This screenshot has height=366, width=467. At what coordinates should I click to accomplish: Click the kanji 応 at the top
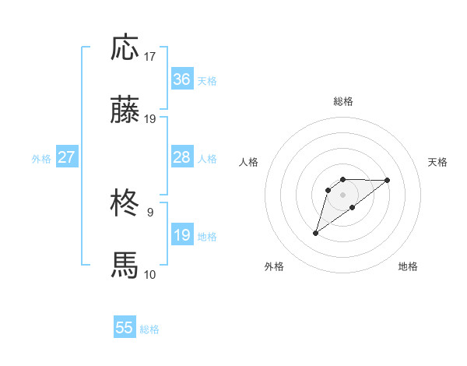[125, 48]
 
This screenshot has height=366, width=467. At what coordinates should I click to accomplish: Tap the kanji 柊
[125, 204]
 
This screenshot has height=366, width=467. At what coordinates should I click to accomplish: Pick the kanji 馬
[125, 266]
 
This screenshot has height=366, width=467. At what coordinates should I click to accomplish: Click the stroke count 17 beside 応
[150, 57]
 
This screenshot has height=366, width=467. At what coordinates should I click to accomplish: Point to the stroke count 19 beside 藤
[150, 119]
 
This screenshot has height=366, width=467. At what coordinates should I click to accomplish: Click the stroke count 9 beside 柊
[149, 212]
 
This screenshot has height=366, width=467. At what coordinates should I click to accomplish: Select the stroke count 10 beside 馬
[150, 274]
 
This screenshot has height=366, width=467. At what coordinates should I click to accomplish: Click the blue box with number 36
[182, 79]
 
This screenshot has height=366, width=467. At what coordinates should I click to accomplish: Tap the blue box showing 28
[182, 157]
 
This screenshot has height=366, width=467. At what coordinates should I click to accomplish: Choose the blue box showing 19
[182, 235]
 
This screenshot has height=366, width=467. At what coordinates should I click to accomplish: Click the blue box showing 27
[66, 157]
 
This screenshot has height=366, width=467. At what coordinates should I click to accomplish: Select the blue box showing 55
[125, 328]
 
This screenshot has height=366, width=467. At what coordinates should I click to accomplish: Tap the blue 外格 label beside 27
[41, 159]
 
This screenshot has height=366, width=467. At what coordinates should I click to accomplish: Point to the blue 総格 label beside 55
[149, 329]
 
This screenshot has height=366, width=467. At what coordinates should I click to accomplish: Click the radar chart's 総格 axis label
[342, 101]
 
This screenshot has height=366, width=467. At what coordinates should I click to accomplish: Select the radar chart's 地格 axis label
[408, 267]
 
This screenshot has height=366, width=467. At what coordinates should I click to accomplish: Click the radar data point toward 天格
[388, 180]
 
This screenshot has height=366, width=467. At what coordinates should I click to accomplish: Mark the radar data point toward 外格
[315, 233]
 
